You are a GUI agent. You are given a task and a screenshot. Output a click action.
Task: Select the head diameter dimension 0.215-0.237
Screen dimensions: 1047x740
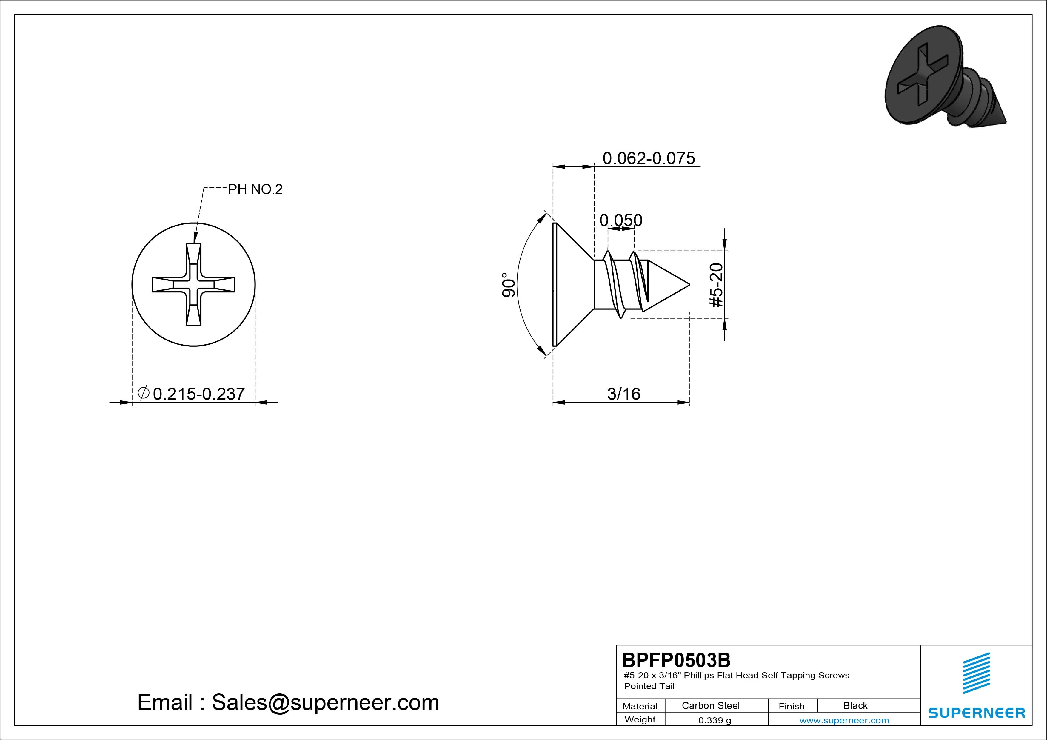click(x=199, y=394)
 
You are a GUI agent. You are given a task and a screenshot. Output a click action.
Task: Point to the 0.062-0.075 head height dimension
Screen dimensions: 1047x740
click(x=649, y=158)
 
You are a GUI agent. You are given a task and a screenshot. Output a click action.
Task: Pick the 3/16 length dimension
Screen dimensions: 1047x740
click(x=623, y=394)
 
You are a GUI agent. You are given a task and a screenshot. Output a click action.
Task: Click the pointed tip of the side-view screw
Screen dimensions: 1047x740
click(x=689, y=284)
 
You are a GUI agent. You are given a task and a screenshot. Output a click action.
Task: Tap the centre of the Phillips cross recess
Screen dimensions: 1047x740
click(x=193, y=284)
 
